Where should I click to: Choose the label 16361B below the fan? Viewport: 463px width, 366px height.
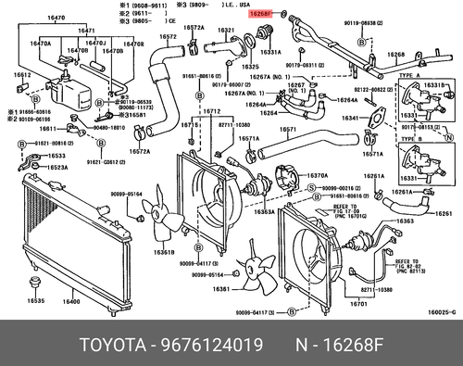tap(163, 252)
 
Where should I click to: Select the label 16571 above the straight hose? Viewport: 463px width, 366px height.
tap(289, 130)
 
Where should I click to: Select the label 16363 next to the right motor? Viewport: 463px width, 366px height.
tap(404, 222)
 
